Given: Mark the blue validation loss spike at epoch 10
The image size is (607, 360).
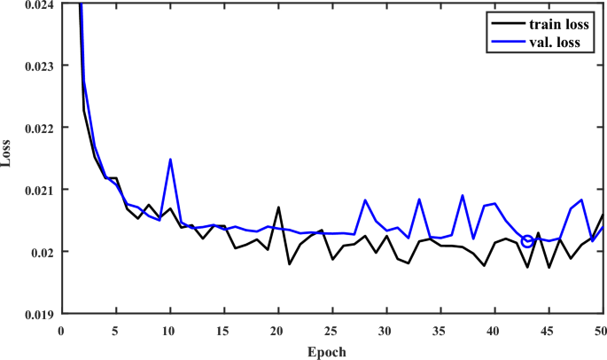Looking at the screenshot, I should point(170,160).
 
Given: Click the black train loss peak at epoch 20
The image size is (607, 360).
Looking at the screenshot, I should point(278,207).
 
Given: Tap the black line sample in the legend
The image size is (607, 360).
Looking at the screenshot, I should point(506,24).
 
